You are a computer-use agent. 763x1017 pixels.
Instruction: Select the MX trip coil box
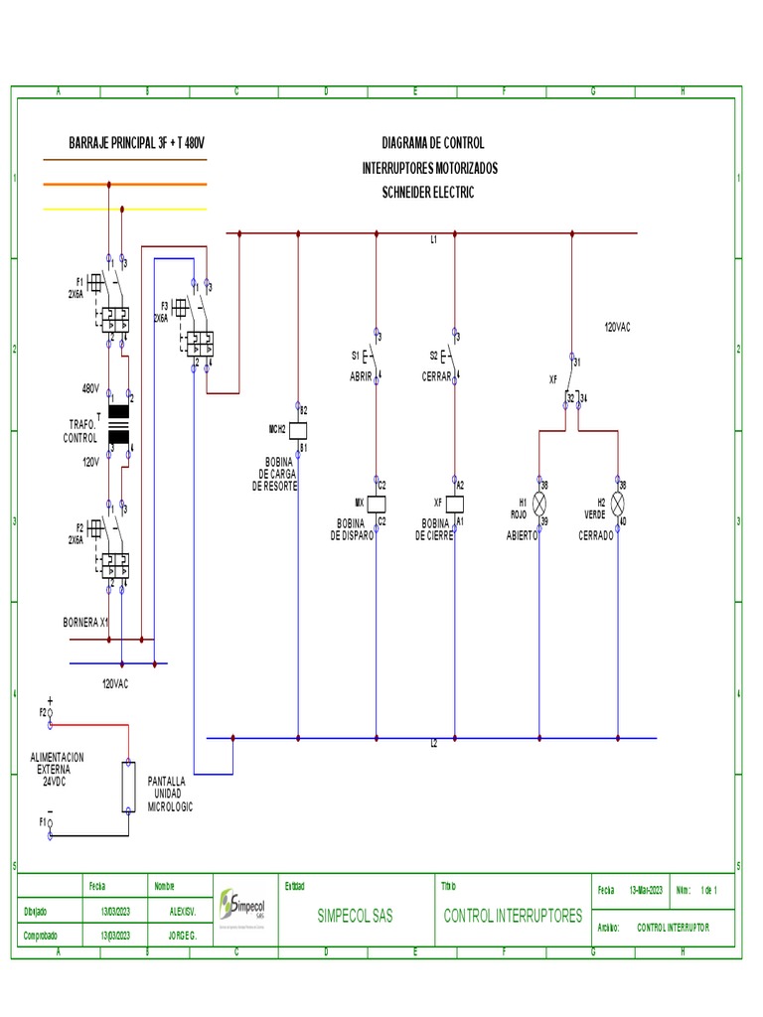point(376,503)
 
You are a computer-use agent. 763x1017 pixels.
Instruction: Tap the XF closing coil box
point(455,503)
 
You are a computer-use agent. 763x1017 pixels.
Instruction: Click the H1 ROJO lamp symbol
point(539,504)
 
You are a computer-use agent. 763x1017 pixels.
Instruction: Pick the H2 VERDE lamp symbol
point(618,504)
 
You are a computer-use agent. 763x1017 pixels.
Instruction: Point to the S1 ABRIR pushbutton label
point(361,365)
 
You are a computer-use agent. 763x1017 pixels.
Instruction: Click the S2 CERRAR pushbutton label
point(435,365)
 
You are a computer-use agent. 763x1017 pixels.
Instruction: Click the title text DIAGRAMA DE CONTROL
point(432,143)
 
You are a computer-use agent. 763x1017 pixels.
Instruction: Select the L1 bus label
point(434,240)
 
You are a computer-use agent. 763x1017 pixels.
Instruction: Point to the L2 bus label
point(434,744)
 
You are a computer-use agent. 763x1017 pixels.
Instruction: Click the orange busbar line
point(125,184)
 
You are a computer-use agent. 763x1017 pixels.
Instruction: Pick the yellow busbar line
point(125,210)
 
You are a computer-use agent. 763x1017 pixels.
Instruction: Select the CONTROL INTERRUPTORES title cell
point(513,916)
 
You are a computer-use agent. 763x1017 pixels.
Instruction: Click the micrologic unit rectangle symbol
point(128,788)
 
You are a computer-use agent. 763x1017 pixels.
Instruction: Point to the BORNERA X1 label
point(85,622)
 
